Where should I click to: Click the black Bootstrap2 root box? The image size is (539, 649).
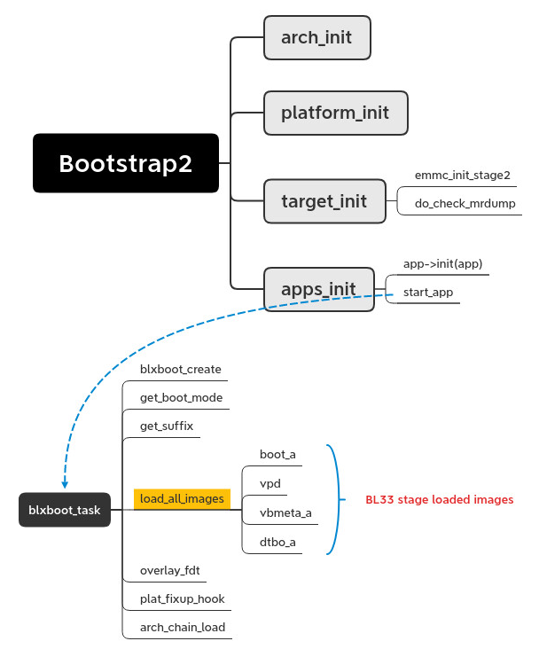(126, 163)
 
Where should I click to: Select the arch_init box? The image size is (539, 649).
(316, 38)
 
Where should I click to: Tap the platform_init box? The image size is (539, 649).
(335, 113)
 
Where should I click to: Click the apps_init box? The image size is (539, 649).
(319, 288)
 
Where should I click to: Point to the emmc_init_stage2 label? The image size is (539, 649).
(462, 176)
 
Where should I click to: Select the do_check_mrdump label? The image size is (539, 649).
(464, 204)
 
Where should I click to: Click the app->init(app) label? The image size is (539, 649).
(442, 263)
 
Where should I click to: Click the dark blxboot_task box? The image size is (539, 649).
(65, 510)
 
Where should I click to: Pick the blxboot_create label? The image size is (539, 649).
(181, 369)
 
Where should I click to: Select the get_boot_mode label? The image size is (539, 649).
(181, 397)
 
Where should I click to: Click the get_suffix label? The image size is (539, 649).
(166, 426)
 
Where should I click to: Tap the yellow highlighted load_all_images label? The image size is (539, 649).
(182, 499)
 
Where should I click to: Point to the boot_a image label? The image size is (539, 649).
(277, 454)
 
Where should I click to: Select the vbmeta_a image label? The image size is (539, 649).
(285, 512)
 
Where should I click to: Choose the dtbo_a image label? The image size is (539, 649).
(277, 542)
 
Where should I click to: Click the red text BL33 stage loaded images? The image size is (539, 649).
(439, 499)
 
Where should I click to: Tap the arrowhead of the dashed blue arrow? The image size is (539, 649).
(65, 484)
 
